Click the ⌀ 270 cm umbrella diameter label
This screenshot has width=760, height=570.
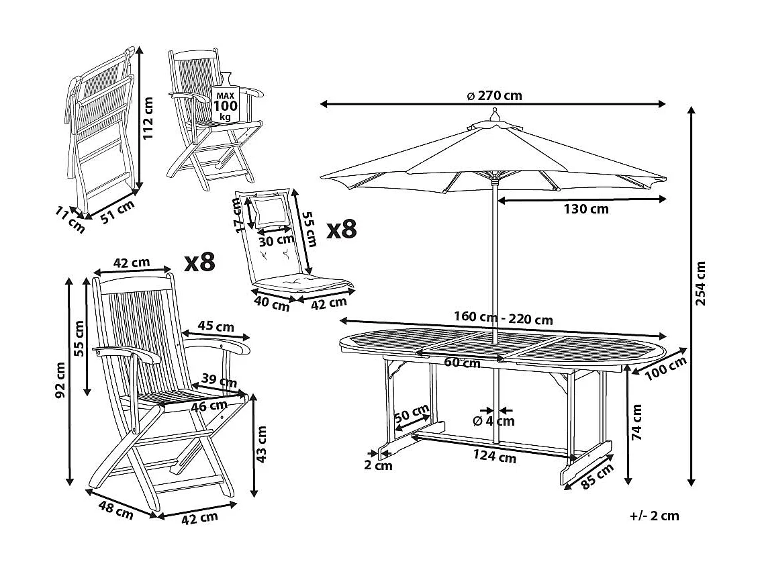click(x=494, y=95)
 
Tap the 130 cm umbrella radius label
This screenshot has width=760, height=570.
click(x=585, y=209)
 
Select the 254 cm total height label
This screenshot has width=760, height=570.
click(x=702, y=283)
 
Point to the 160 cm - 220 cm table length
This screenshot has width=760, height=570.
click(x=503, y=320)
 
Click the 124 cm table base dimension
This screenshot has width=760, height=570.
click(x=494, y=457)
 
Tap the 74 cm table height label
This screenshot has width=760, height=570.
click(x=637, y=422)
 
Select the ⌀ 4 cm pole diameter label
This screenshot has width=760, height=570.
click(x=493, y=421)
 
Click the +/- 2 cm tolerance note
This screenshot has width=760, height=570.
click(x=654, y=516)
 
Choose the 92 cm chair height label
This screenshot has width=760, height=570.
click(x=61, y=380)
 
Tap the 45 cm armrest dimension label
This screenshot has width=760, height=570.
click(x=216, y=327)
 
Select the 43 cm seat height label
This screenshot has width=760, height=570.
click(x=262, y=444)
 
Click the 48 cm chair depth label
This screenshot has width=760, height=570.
click(x=115, y=510)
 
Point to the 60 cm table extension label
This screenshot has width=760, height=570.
click(x=462, y=363)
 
